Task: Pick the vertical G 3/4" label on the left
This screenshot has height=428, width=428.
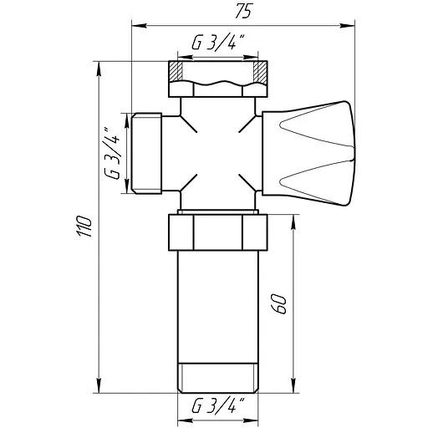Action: click(114, 151)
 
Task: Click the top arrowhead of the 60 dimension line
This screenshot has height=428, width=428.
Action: click(294, 217)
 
